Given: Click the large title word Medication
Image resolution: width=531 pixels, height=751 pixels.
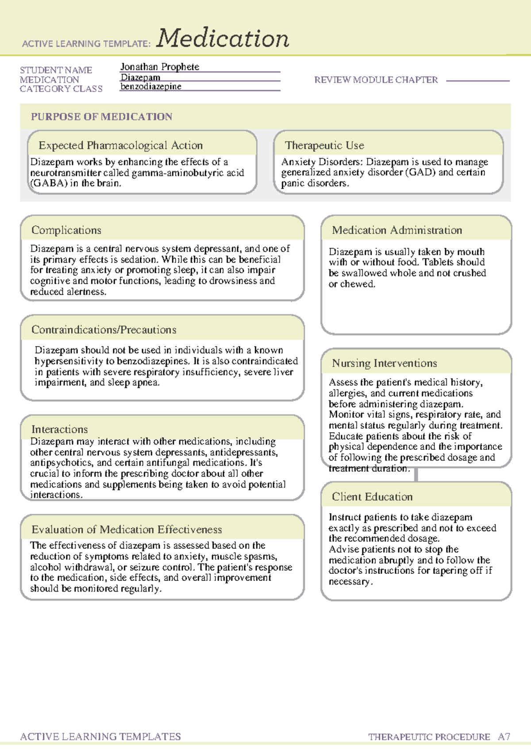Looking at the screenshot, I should pyautogui.click(x=223, y=39).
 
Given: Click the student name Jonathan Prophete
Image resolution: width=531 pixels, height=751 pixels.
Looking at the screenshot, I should pyautogui.click(x=160, y=67).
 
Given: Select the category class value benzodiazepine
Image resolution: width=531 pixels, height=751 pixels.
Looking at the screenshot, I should pyautogui.click(x=151, y=87).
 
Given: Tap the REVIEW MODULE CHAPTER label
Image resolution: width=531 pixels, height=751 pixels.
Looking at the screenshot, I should pyautogui.click(x=376, y=80).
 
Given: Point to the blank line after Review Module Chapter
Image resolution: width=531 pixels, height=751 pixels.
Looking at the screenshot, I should pyautogui.click(x=478, y=81).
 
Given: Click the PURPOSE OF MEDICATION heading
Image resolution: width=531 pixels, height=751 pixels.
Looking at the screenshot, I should pyautogui.click(x=101, y=117).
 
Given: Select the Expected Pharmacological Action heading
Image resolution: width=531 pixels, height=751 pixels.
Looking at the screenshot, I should pyautogui.click(x=120, y=145).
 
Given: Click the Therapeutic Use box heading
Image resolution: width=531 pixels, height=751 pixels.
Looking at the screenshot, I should pyautogui.click(x=324, y=145).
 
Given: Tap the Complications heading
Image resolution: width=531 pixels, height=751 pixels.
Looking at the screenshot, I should pyautogui.click(x=66, y=230).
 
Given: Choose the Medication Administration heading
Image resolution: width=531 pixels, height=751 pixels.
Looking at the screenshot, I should pyautogui.click(x=397, y=230).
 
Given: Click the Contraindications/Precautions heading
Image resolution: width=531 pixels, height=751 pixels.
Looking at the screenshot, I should pyautogui.click(x=104, y=330).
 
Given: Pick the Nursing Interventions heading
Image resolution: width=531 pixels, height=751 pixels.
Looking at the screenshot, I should pyautogui.click(x=385, y=364).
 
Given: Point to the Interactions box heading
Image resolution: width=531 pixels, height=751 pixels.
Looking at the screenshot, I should pyautogui.click(x=59, y=429).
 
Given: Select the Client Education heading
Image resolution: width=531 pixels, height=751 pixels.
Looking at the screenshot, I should pyautogui.click(x=372, y=497).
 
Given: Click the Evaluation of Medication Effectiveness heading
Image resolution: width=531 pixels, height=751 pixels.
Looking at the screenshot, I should pyautogui.click(x=127, y=530).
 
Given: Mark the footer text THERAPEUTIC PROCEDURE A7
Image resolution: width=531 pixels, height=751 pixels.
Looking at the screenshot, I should pyautogui.click(x=439, y=737).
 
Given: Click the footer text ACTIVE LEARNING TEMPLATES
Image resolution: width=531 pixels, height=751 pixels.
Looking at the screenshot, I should pyautogui.click(x=100, y=736).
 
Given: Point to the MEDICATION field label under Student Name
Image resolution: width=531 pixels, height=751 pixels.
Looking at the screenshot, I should pyautogui.click(x=50, y=80).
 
